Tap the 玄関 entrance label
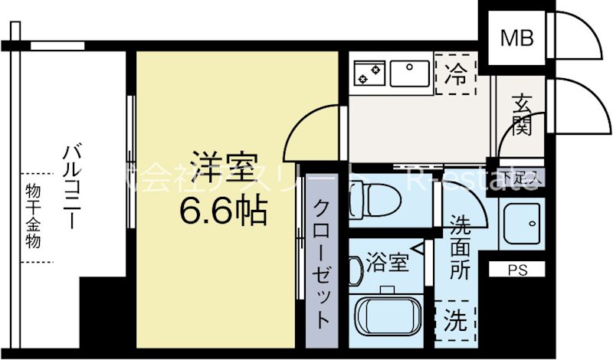(522, 114)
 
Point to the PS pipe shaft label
(518, 270)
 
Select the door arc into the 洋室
(312, 126)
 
